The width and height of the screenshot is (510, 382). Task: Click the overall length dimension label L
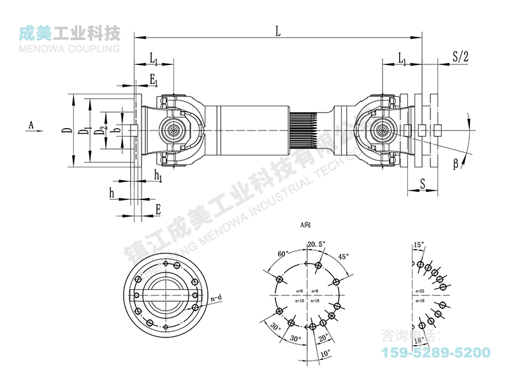coord(277,29)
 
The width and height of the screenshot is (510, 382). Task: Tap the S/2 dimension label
coord(460,56)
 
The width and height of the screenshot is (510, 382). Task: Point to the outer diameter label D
coord(66,131)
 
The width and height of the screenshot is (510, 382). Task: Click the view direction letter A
coord(30,125)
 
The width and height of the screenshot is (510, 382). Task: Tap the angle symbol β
coord(456,164)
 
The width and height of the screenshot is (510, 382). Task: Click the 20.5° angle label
coord(317,244)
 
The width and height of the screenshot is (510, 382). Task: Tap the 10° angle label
coord(326,352)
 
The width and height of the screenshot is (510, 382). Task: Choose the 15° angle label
coord(418,244)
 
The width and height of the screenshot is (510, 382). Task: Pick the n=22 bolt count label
coord(419,291)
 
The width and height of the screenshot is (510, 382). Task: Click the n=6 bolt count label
coord(300,291)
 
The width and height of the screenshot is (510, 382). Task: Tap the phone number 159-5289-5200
coord(435,352)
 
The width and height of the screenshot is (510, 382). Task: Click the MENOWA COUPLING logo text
coord(69,47)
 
